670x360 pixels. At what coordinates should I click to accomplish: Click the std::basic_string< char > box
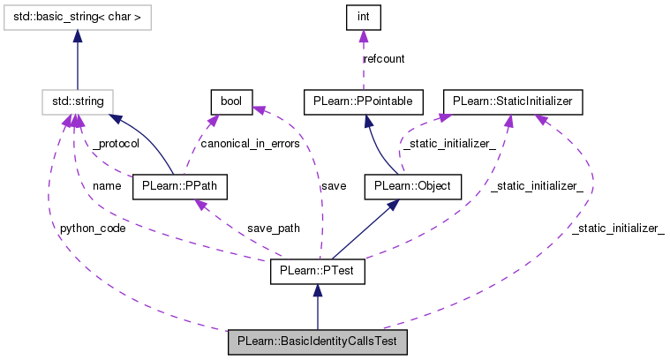coord(78,15)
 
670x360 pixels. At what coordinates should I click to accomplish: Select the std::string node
coord(78,101)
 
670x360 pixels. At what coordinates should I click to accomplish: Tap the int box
coord(363,15)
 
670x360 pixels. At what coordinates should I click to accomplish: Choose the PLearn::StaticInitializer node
coord(513,101)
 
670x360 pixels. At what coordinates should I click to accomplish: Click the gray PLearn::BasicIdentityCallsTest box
coord(317,341)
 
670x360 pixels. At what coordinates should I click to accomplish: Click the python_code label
coord(92,229)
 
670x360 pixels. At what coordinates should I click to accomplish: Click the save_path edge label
coord(274,229)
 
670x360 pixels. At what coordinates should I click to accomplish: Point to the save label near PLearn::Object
coord(333,186)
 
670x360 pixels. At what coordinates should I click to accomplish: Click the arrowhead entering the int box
coord(363,35)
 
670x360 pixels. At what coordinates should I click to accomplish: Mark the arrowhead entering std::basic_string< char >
coord(78,35)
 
